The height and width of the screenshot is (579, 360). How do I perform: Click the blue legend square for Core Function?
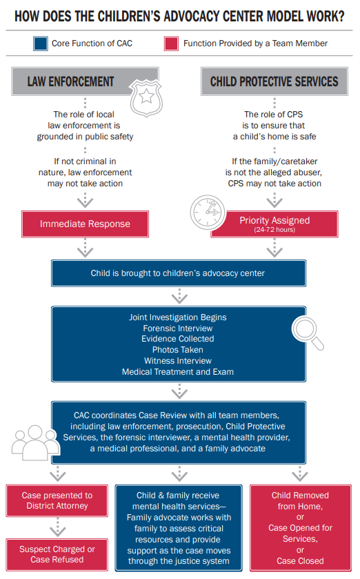[40, 43]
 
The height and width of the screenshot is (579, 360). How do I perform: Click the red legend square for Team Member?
[171, 43]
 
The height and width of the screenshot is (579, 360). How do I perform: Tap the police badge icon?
[146, 97]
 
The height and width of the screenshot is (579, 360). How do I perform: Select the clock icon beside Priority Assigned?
[208, 213]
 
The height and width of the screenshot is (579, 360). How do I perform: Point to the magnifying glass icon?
[308, 333]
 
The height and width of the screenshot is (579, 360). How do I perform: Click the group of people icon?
[35, 442]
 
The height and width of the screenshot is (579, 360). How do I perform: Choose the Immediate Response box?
[86, 224]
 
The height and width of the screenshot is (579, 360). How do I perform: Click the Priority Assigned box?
[274, 224]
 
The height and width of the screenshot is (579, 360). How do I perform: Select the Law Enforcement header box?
[86, 81]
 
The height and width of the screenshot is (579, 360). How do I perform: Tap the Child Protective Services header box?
[274, 81]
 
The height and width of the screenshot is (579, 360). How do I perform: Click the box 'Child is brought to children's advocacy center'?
[179, 273]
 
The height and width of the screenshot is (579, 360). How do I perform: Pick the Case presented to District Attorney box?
[57, 501]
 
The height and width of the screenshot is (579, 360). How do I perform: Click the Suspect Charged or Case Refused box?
[57, 555]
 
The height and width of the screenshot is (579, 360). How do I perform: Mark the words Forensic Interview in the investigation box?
[178, 328]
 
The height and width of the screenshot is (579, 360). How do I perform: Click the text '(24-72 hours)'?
[274, 230]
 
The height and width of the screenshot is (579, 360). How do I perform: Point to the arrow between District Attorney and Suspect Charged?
[57, 527]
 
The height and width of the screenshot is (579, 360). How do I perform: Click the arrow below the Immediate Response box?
[86, 248]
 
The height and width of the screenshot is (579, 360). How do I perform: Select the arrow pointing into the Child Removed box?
[300, 474]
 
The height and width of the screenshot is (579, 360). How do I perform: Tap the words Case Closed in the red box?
[300, 561]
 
